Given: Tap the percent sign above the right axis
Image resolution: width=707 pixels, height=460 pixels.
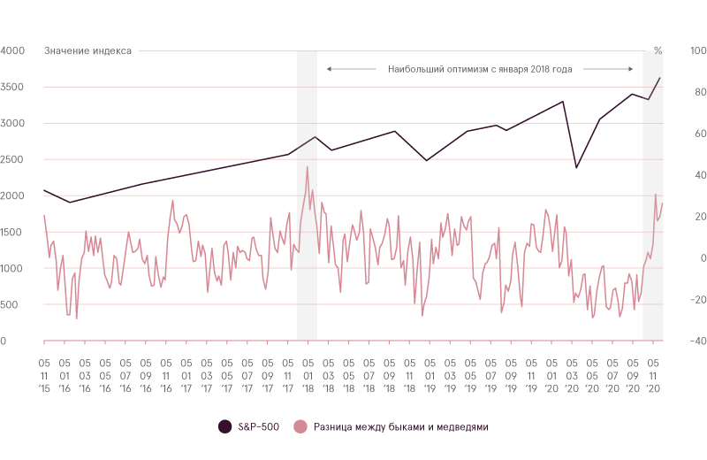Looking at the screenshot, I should point(658,50).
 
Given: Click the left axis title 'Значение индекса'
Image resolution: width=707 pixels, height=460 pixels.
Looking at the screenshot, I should point(87,50).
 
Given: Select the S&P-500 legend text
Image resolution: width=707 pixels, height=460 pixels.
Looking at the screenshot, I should point(258,427).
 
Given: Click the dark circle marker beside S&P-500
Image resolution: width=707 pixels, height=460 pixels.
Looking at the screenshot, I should point(225,427).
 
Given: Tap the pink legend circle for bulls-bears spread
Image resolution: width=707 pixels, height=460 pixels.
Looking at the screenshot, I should point(300,427).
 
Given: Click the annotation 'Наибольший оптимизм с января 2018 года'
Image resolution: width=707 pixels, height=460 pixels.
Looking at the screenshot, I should point(480,68).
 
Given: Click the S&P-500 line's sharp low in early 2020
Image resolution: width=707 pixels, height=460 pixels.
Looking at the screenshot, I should point(577,167).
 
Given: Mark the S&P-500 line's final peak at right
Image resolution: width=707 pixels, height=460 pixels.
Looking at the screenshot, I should point(659,78).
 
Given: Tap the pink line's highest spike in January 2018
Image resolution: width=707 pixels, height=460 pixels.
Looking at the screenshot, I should point(307,166).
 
